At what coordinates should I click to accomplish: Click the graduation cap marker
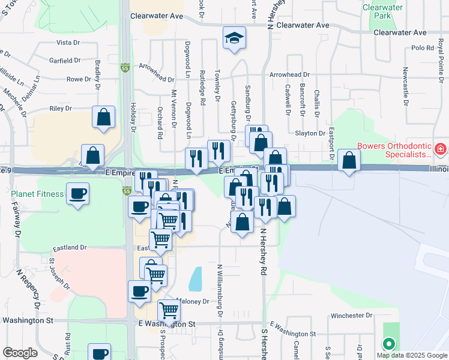234,38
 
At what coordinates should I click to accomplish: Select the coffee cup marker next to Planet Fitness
78,194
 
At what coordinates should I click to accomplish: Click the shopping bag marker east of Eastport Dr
349,160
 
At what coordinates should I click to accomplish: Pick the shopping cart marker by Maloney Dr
169,311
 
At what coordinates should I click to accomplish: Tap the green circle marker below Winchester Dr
389,344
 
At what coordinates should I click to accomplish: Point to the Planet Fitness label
37,194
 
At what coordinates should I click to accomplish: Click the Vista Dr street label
68,43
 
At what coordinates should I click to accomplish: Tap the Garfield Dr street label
65,61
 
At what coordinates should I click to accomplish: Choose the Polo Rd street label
423,48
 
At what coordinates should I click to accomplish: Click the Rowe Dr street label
78,79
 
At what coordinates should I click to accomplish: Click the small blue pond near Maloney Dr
195,278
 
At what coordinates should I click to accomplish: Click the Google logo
20,353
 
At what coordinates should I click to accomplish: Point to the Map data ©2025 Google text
411,355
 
